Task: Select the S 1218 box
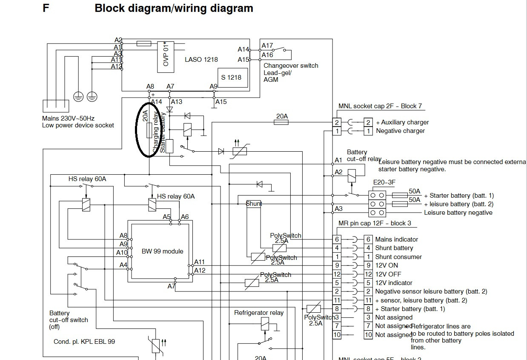coord(233,78)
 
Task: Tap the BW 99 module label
coord(162,251)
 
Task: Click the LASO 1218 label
coord(201,60)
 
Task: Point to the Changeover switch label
coord(291,66)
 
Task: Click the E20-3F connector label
coord(384,183)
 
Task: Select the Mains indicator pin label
coord(396,239)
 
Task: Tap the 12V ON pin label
coord(387,265)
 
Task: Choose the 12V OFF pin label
coord(388,274)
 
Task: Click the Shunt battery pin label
coord(394,248)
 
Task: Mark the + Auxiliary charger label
coord(402,122)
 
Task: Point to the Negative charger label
coord(400,131)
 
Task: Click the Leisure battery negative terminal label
coord(458,213)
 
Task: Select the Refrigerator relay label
coord(259,313)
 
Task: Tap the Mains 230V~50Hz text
coord(68,118)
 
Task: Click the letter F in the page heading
coord(46,8)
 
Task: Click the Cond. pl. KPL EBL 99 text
coord(84,341)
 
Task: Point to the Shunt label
coord(254,204)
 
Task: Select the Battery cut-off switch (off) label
coord(69,320)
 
